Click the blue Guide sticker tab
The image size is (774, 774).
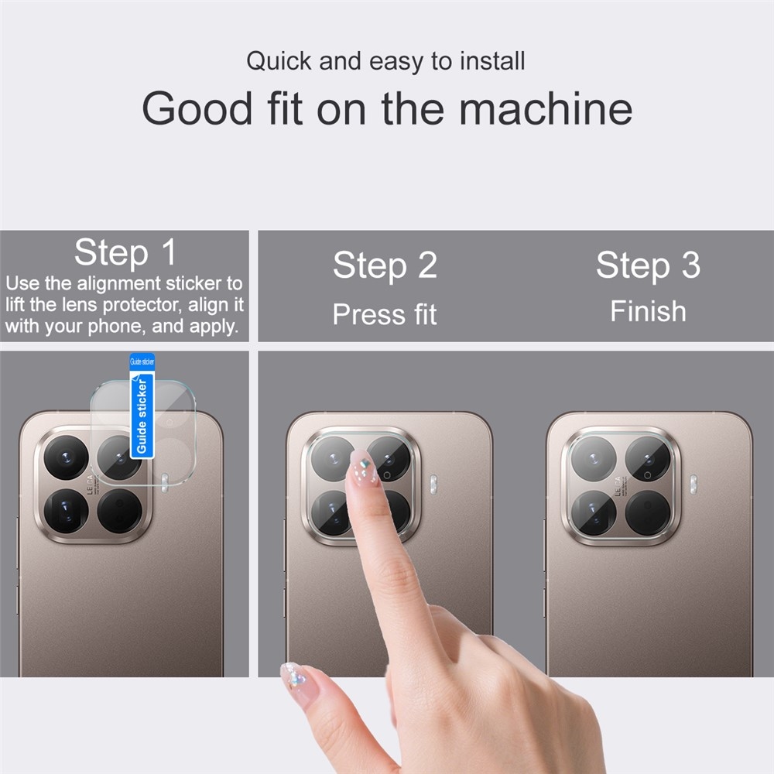[x=142, y=406]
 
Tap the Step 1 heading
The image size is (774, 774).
[x=125, y=252]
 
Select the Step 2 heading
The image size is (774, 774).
[x=385, y=265]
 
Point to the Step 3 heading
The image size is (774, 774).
[x=648, y=265]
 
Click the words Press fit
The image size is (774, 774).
[x=385, y=314]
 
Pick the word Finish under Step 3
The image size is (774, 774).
[x=648, y=311]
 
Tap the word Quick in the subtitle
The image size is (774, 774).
[x=280, y=61]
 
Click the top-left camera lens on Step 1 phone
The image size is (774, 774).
[x=65, y=457]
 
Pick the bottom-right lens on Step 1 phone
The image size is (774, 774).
[x=120, y=512]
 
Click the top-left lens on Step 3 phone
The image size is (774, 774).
[x=594, y=458]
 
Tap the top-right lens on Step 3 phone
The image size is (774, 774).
[x=648, y=458]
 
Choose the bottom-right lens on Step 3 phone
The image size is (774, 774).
[x=648, y=512]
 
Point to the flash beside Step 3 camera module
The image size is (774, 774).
[x=694, y=485]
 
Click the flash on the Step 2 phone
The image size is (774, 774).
[x=433, y=485]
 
